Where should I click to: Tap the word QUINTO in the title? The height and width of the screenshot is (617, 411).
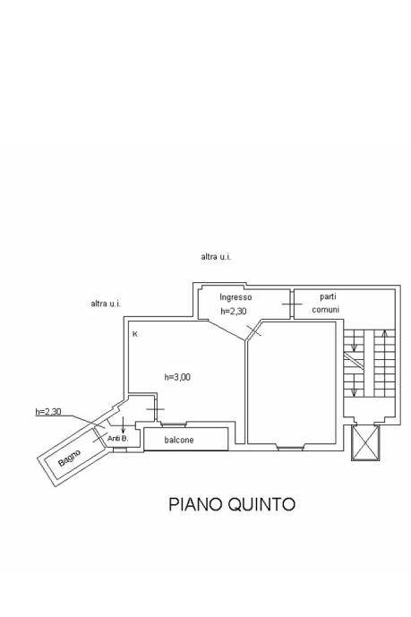click(x=261, y=504)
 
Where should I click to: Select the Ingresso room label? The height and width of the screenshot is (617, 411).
click(x=235, y=297)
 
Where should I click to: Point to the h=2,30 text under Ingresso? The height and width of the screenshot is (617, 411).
click(x=234, y=312)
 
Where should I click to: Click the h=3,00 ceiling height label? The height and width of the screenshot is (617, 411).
click(x=177, y=377)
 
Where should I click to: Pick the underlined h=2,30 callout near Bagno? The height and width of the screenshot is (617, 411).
click(x=48, y=412)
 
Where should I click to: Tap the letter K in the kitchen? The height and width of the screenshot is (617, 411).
click(x=135, y=334)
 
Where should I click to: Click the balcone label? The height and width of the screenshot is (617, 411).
click(x=179, y=440)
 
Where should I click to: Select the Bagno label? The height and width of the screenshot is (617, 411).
click(x=69, y=458)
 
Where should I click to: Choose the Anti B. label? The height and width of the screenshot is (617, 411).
click(x=117, y=439)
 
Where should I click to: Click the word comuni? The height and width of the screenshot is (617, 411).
click(x=326, y=310)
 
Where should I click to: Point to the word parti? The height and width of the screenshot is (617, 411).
click(x=328, y=296)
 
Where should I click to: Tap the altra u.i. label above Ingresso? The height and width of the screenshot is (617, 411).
click(x=216, y=257)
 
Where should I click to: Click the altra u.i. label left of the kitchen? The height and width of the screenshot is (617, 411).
click(x=106, y=304)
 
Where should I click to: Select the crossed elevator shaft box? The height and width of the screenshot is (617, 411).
click(x=365, y=442)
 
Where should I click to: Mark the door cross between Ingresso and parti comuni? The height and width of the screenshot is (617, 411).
click(x=292, y=304)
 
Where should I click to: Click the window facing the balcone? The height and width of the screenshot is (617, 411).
click(x=173, y=424)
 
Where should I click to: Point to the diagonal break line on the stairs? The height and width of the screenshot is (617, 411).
click(x=354, y=360)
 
